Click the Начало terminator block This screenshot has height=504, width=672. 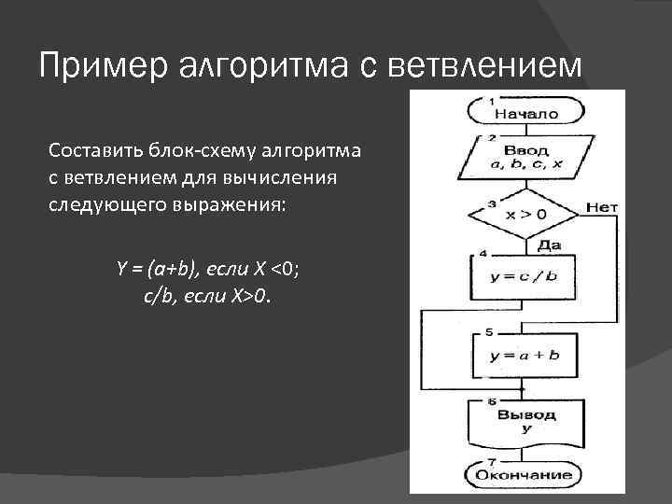coord(525,114)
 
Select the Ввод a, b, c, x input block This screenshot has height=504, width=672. coord(525,159)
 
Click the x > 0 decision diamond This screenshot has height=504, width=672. coord(525,214)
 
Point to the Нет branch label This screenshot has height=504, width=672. coord(602,206)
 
